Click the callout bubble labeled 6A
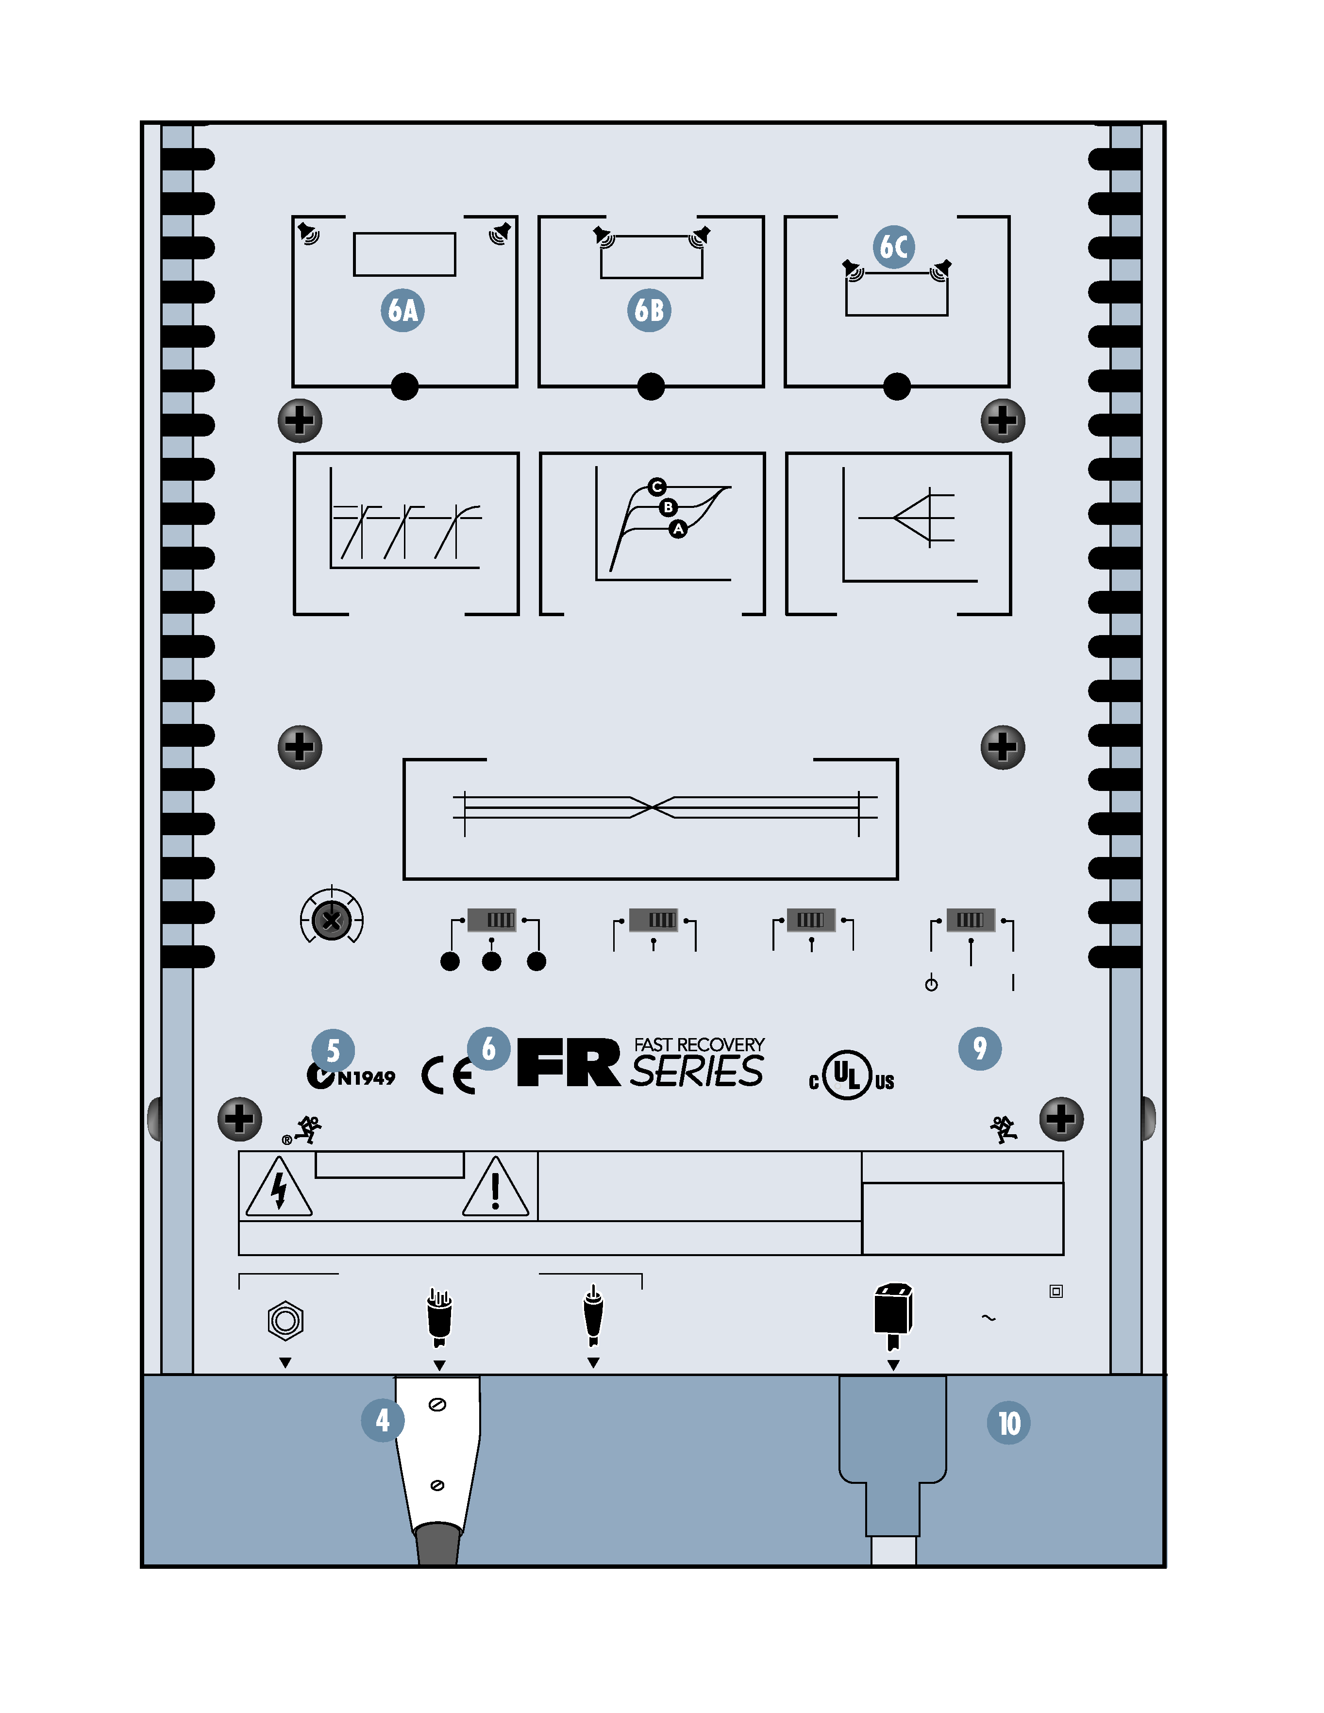(402, 311)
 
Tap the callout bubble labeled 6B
(649, 311)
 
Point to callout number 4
(383, 1420)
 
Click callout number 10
(1009, 1423)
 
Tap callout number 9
(980, 1048)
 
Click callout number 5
(333, 1050)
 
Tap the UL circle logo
(848, 1075)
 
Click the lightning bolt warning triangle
(279, 1188)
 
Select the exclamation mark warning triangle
(496, 1188)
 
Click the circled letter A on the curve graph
(678, 529)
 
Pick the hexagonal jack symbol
(285, 1321)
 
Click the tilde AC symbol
(989, 1318)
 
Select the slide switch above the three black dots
(492, 919)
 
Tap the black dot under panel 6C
(897, 386)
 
